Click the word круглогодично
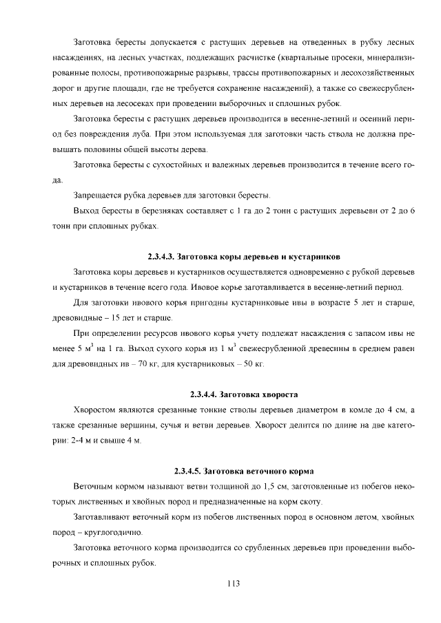pos(112,532)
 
